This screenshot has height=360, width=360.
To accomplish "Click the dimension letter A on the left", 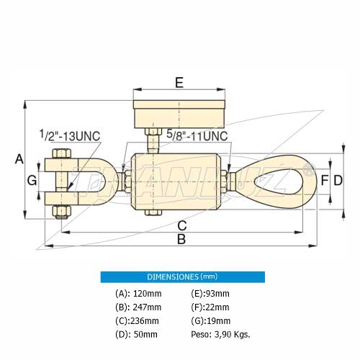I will pyautogui.click(x=19, y=159).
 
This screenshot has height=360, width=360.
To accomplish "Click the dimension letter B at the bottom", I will pyautogui.click(x=181, y=239).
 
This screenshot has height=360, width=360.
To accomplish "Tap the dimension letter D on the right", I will pyautogui.click(x=337, y=179).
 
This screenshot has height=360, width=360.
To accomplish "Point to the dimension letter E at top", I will pyautogui.click(x=179, y=82).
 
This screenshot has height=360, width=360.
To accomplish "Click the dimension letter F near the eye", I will pyautogui.click(x=325, y=179).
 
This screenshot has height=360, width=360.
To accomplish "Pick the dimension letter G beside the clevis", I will pyautogui.click(x=32, y=180).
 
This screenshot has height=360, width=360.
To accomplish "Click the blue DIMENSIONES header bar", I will pyautogui.click(x=182, y=276).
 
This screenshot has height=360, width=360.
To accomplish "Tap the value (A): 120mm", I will pyautogui.click(x=138, y=293).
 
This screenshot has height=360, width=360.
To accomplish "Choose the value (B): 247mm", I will pyautogui.click(x=138, y=307).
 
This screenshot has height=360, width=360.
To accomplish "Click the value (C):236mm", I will pyautogui.click(x=137, y=321).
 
